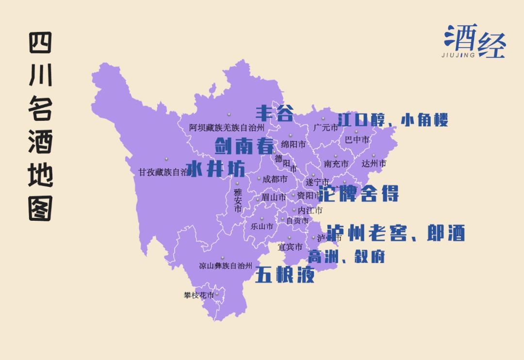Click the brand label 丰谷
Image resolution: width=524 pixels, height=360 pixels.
(275, 114)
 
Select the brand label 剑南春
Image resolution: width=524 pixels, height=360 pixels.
(244, 145)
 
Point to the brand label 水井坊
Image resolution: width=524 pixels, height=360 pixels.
(215, 168)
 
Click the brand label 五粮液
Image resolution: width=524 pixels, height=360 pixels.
(285, 275)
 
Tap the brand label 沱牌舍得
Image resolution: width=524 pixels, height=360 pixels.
(359, 193)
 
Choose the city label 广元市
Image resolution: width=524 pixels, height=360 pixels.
(326, 128)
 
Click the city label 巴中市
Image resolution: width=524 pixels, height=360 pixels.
(357, 140)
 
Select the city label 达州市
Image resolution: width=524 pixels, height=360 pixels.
(374, 164)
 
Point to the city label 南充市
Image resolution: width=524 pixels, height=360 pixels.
(336, 164)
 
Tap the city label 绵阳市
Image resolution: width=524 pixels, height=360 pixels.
(294, 144)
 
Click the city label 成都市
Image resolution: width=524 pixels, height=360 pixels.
(275, 179)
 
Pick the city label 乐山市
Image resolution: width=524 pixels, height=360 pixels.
(262, 226)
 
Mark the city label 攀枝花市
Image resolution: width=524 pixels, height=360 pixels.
(199, 295)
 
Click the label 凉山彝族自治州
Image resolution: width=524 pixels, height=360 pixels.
(226, 266)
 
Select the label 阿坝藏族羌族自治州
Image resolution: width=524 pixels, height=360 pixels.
(227, 128)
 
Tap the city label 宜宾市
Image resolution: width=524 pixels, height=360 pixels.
(290, 247)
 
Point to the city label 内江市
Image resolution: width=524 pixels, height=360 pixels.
(310, 211)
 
